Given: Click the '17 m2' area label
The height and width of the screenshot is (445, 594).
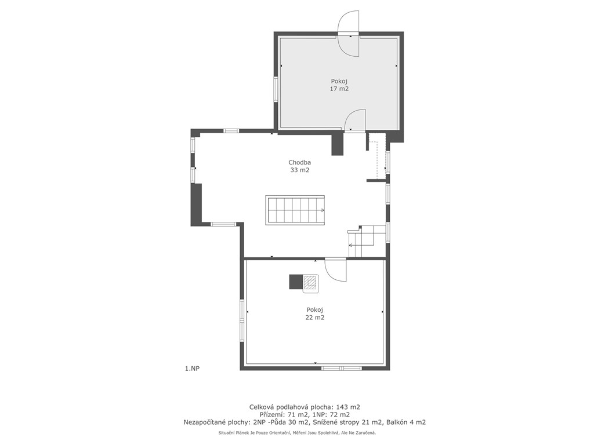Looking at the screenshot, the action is pos(339,89).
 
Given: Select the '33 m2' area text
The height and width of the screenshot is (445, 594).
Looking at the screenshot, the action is pos(300,170).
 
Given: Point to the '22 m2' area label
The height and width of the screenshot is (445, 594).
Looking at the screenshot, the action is pos(315,318).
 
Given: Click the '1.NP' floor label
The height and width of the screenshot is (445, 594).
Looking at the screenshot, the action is pos(192,369).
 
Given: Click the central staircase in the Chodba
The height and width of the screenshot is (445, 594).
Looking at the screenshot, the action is pos(295,210).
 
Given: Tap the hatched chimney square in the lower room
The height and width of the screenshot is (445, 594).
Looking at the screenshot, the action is pos(311,283).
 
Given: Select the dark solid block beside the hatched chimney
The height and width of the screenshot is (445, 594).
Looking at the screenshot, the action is pos(296,282).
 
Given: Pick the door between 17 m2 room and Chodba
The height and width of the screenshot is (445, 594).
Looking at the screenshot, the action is pos(355,120).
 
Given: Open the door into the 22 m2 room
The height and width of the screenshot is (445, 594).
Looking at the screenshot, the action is pos(336,270).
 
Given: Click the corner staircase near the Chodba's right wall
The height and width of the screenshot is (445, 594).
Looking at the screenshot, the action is pos(361,240).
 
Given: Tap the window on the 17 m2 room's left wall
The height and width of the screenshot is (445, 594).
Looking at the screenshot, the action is pos(276,89).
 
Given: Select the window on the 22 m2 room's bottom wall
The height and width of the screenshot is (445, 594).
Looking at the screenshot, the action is pos(341,368).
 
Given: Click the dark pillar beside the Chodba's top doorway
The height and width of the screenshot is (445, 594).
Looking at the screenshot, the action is pos(337,144).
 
